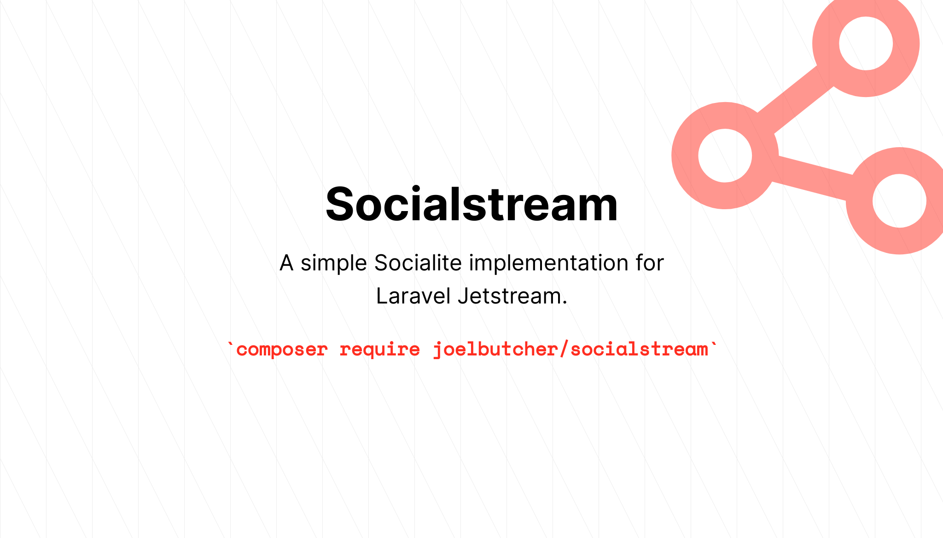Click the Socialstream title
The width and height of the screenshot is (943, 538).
tap(471, 204)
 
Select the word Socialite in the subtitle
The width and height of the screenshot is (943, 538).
tap(418, 263)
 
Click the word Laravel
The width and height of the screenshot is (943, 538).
tap(413, 296)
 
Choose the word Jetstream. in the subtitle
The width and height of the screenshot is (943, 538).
tap(512, 296)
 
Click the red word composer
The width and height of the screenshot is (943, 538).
tap(282, 350)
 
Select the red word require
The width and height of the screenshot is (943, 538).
tap(380, 350)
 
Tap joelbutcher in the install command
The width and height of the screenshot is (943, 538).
tap(495, 350)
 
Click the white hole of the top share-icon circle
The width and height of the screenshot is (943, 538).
tap(866, 43)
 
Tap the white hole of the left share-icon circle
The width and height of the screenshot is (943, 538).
tap(725, 155)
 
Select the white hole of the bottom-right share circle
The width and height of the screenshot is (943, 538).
tap(900, 200)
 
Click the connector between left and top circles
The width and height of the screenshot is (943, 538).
tap(796, 99)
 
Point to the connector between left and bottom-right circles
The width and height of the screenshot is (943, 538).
tap(812, 178)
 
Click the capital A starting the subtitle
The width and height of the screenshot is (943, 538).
tap(286, 263)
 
